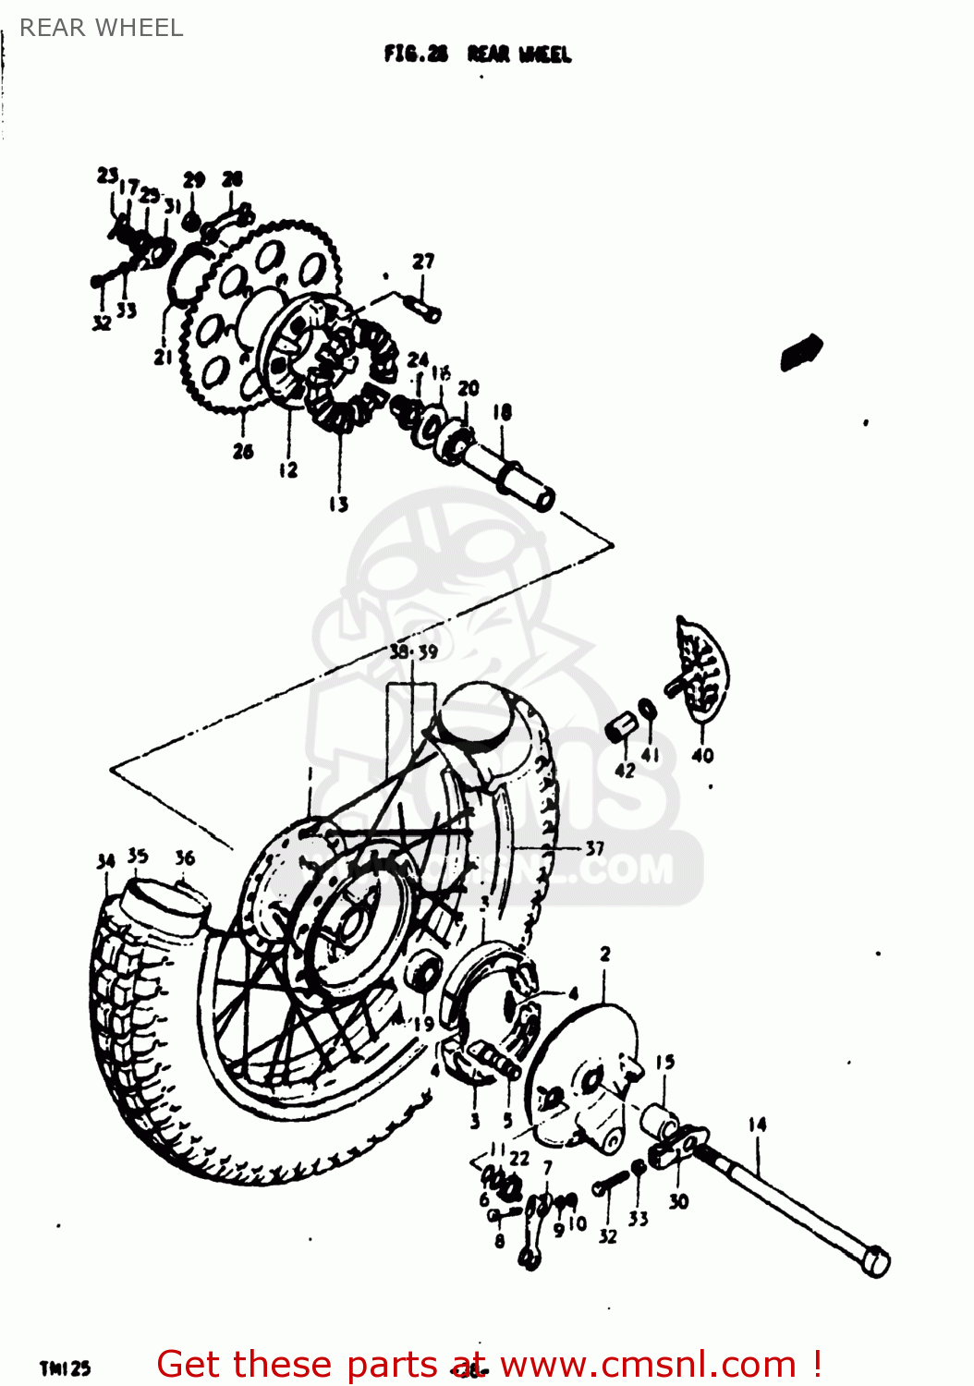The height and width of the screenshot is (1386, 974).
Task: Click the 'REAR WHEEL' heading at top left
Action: (x=101, y=28)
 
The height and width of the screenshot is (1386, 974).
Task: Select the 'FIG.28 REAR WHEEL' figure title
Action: (x=477, y=55)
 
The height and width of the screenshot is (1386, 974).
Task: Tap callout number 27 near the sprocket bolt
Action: (x=422, y=261)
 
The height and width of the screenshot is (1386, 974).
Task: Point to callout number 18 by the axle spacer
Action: (x=502, y=412)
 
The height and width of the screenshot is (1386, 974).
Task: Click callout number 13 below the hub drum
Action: (x=338, y=504)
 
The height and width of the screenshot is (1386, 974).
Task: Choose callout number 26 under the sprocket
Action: (x=242, y=451)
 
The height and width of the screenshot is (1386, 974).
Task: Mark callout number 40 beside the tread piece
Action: (x=702, y=755)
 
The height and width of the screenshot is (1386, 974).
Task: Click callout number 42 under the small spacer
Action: (x=625, y=770)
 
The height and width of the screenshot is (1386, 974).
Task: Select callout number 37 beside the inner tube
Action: (x=594, y=847)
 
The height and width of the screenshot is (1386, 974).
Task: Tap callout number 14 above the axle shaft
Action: (x=757, y=1125)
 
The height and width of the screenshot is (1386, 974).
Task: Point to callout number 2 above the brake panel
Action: (x=605, y=954)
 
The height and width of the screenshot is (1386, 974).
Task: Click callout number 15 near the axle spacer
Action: (x=665, y=1063)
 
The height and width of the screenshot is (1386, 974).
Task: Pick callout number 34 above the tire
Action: (x=105, y=861)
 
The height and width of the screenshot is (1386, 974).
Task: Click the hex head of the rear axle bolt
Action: (x=875, y=1261)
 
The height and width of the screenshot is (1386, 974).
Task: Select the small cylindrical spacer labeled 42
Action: (x=621, y=725)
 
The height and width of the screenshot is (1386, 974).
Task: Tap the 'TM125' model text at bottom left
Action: (x=65, y=1368)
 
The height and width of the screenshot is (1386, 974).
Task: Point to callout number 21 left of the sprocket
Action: (x=164, y=356)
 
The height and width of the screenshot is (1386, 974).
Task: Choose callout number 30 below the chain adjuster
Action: (x=678, y=1201)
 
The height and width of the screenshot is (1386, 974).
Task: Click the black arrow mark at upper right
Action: (x=800, y=352)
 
